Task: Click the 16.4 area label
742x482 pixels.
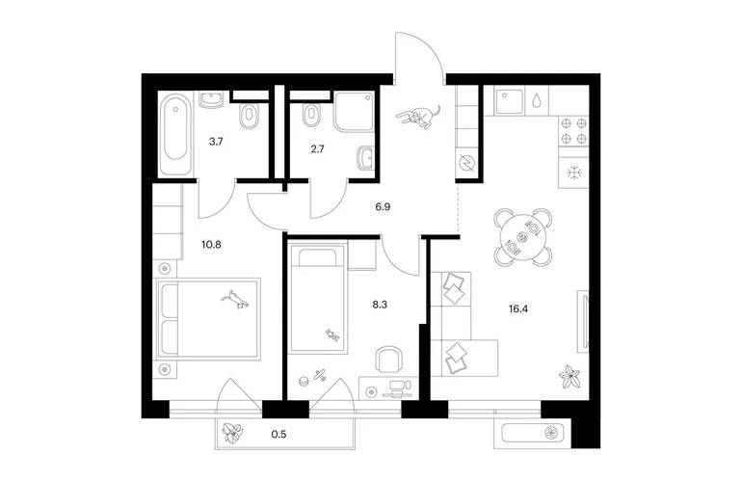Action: [518, 309]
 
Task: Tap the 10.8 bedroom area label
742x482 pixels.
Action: [211, 245]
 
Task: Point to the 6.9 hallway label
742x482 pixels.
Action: [383, 207]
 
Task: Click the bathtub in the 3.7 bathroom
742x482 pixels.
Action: [175, 134]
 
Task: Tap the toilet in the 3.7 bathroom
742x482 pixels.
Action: [250, 117]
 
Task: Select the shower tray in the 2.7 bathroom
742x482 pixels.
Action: [354, 112]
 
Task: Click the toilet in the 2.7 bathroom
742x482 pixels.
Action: [311, 116]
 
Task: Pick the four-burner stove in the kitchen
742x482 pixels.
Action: [573, 131]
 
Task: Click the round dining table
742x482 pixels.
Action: [523, 236]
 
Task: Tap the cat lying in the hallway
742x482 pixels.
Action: [418, 117]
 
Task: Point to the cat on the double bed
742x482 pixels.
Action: [235, 300]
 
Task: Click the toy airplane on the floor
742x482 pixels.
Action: [320, 374]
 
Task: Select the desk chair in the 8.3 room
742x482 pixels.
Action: [389, 360]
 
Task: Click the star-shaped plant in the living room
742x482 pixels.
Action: [570, 377]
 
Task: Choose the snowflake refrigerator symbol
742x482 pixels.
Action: [573, 173]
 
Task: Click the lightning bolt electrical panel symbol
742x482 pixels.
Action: [466, 163]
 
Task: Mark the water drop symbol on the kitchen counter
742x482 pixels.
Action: [536, 100]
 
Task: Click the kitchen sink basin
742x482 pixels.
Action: [509, 100]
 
